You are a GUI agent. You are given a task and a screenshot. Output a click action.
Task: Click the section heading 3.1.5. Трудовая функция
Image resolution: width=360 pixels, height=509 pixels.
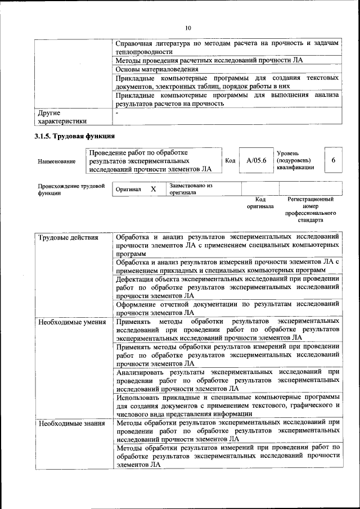75,136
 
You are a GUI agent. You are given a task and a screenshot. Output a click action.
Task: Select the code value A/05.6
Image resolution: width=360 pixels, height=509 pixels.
255,161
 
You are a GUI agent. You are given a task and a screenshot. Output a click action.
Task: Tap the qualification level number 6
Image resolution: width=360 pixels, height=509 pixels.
333,161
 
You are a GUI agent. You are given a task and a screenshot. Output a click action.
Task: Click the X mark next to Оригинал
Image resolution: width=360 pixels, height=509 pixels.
153,190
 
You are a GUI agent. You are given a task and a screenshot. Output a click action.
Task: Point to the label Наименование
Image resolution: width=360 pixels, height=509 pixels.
57,161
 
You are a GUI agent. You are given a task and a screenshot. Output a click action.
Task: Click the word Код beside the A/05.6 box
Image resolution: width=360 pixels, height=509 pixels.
229,161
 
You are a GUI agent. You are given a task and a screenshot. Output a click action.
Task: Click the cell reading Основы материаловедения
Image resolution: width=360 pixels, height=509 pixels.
153,69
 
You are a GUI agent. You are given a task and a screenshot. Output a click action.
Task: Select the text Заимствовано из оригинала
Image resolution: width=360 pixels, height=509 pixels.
190,189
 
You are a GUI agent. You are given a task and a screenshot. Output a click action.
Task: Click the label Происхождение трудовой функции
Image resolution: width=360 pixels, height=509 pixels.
71,189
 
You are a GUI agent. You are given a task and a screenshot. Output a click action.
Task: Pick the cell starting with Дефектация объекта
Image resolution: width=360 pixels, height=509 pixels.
227,286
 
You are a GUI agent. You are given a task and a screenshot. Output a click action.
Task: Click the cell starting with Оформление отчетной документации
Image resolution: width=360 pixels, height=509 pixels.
227,308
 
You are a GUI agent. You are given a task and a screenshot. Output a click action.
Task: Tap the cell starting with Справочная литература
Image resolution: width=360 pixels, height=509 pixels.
227,47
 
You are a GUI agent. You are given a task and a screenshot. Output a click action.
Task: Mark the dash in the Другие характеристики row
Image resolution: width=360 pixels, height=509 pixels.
117,112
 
